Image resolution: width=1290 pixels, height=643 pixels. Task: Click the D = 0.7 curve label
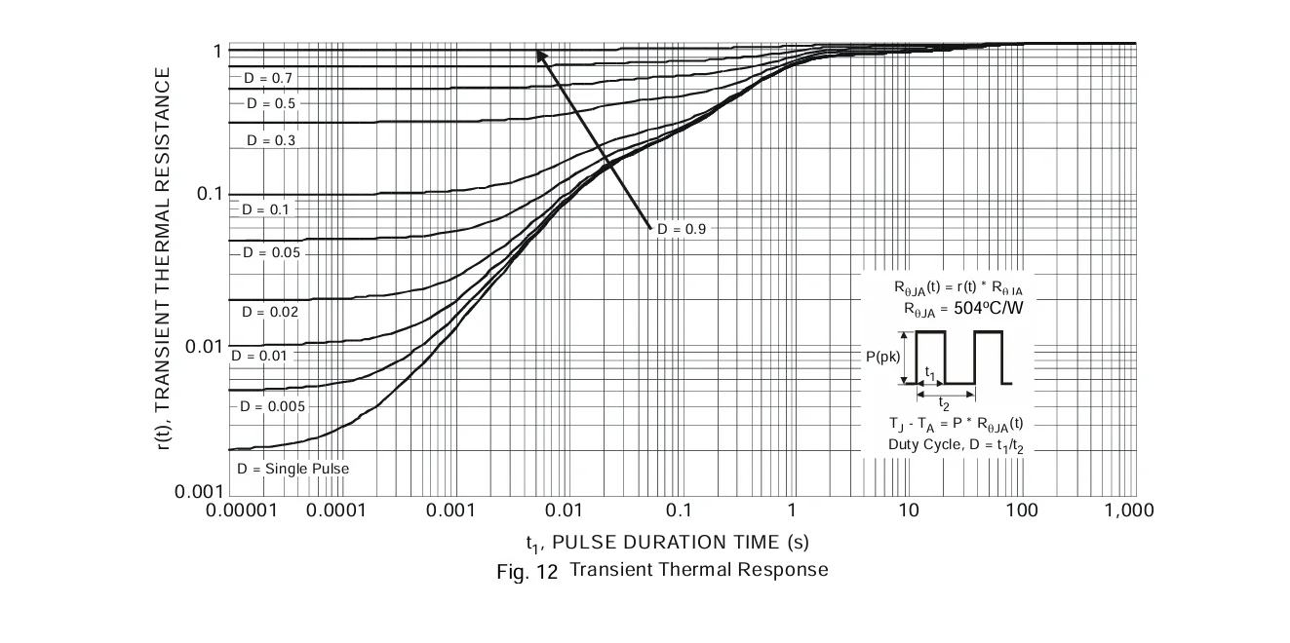click(268, 78)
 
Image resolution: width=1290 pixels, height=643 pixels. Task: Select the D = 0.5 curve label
click(271, 103)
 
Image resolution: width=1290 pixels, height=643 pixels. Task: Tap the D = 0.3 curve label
click(271, 140)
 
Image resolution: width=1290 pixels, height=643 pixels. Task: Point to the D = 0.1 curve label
click(265, 209)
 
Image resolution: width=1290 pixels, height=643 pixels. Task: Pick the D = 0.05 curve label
click(272, 252)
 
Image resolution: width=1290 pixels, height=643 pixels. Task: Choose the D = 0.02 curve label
click(270, 312)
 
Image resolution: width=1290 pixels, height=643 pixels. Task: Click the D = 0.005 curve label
click(272, 406)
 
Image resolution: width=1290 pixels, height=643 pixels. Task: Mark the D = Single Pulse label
click(293, 469)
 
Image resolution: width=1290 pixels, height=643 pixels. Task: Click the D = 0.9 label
click(682, 229)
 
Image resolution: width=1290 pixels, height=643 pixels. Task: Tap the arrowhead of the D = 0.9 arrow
click(538, 52)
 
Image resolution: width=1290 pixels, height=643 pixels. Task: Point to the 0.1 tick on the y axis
click(210, 194)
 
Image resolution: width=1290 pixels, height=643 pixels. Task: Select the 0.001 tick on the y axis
click(199, 492)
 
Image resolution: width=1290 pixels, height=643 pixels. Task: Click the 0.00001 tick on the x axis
click(242, 511)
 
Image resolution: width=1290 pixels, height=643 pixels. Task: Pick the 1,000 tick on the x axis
click(1129, 511)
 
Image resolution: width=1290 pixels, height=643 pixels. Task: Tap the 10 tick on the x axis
click(909, 511)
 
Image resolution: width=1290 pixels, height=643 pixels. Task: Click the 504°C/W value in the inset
click(989, 309)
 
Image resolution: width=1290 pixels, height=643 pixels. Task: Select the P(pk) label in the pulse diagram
click(882, 357)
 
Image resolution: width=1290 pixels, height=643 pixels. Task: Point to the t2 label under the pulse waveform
click(943, 403)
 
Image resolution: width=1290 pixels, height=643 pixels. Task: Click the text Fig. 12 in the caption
click(527, 572)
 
